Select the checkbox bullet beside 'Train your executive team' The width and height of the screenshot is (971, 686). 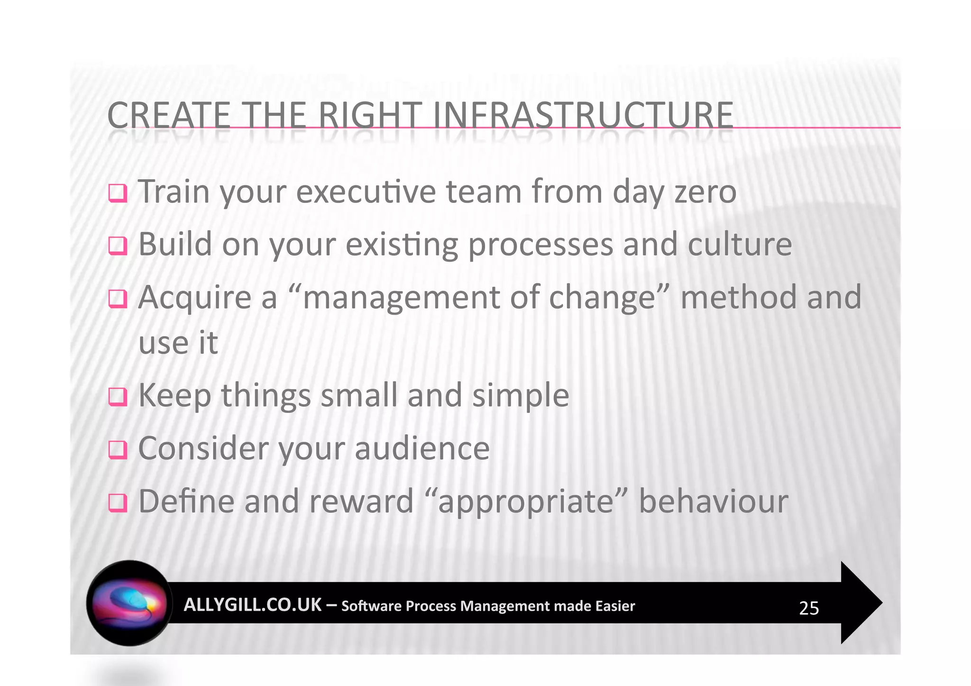pos(118,193)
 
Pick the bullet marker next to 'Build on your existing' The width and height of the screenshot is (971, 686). pos(118,246)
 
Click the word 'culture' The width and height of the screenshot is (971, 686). pos(739,245)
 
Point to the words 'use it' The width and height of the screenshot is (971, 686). pos(178,343)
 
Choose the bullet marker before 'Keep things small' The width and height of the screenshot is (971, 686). pos(118,397)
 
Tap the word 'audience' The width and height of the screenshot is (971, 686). pos(422,448)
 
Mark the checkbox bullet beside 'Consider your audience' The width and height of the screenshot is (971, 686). pos(118,449)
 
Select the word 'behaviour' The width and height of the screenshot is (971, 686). pos(713,501)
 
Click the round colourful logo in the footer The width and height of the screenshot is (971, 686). pos(129,603)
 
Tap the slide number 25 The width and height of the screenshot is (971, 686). pos(808,608)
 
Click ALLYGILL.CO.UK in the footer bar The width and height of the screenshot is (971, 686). pos(252,605)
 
